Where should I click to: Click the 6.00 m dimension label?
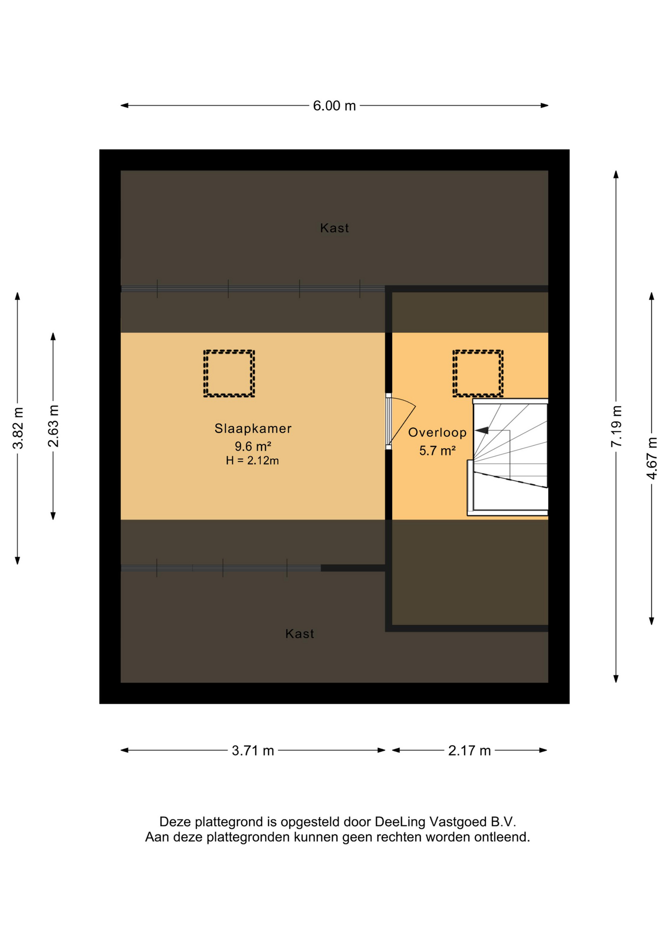tap(334, 106)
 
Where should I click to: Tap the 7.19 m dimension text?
tap(616, 426)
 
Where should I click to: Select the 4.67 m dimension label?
tap(652, 458)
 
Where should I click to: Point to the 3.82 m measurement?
tap(18, 428)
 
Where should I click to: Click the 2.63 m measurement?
tap(53, 426)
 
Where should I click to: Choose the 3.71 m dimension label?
tap(253, 751)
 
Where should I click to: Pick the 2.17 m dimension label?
tap(469, 751)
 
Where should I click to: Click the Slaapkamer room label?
tap(253, 429)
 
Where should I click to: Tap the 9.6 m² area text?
tap(253, 446)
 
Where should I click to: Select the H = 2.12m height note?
tap(252, 461)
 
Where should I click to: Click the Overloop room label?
tap(437, 433)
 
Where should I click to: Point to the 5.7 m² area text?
tap(437, 450)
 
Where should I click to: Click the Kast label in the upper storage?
tap(334, 228)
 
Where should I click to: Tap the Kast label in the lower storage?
tap(300, 633)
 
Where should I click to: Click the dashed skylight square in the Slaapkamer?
tap(229, 351)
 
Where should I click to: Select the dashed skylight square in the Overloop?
tap(478, 351)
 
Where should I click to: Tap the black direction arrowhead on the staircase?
tap(482, 430)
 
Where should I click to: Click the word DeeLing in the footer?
tap(400, 821)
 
